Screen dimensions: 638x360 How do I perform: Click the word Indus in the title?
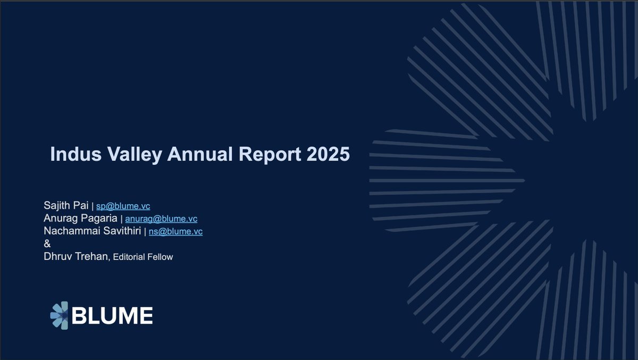click(75, 154)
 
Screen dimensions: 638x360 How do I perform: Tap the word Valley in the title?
click(135, 155)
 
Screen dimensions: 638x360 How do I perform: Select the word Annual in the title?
click(200, 154)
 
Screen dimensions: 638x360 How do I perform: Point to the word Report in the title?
click(270, 155)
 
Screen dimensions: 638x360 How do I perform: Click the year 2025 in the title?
click(328, 154)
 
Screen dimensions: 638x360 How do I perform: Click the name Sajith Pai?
click(66, 205)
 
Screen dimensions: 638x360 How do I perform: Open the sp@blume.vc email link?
click(123, 206)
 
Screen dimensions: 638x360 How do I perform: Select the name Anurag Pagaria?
click(80, 218)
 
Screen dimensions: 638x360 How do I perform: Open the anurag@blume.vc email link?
click(161, 219)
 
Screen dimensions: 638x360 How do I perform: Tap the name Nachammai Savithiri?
click(93, 231)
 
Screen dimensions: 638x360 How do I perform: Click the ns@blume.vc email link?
click(175, 231)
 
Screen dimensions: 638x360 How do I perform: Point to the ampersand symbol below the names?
click(47, 244)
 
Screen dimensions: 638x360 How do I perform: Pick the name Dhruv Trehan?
click(77, 256)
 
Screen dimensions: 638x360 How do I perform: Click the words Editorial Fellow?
click(143, 257)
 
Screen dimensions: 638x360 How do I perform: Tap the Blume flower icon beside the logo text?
click(59, 315)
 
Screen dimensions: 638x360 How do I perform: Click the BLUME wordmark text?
click(112, 315)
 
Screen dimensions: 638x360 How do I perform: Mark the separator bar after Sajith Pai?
click(93, 206)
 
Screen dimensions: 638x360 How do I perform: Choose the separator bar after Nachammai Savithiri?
click(145, 231)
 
